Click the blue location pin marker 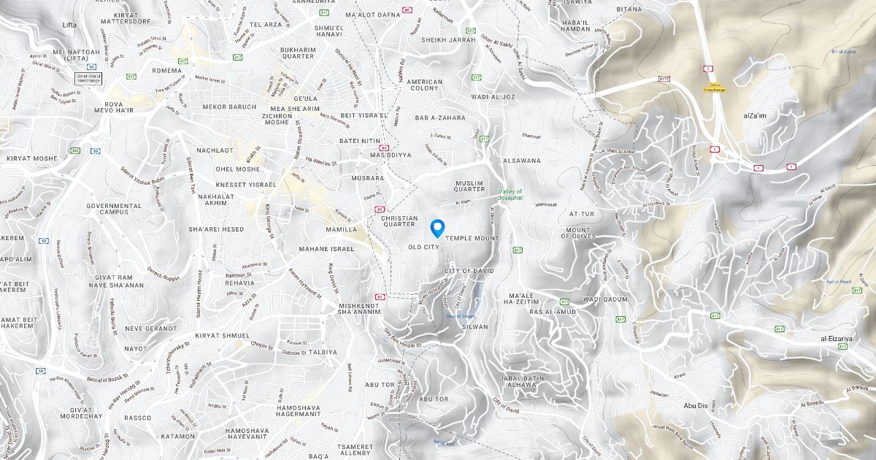pos(437,228)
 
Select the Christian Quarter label pos(399,221)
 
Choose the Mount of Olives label pos(578,233)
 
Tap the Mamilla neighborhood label pos(341,229)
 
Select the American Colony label pos(425,85)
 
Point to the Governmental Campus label pos(114,209)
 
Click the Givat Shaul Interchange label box pos(88,77)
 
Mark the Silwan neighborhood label pos(475,326)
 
